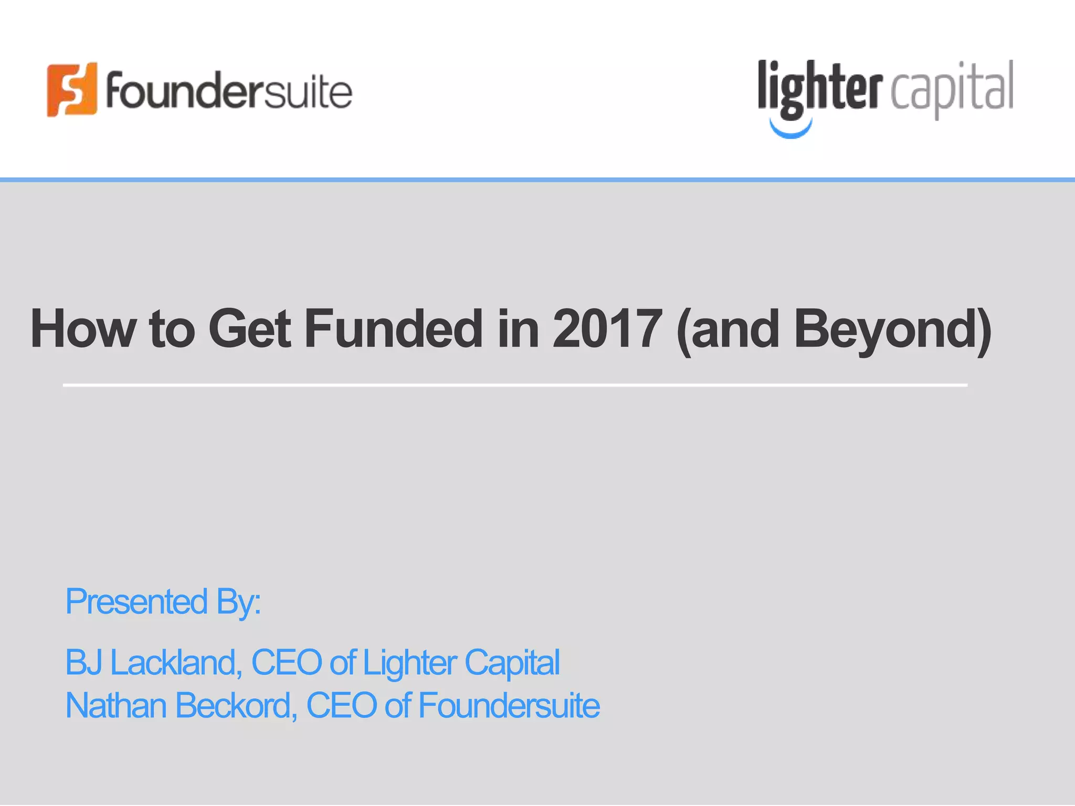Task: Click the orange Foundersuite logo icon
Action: tap(72, 90)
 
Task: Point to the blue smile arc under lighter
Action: tap(791, 129)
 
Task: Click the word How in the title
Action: tap(83, 329)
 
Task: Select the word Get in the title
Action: tap(249, 329)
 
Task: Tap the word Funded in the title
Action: tap(393, 329)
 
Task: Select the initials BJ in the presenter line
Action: tap(83, 662)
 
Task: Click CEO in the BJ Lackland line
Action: tap(287, 662)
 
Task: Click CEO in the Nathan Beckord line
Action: tap(341, 705)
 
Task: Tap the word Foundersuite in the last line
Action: tap(509, 705)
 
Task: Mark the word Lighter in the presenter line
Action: tap(409, 662)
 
